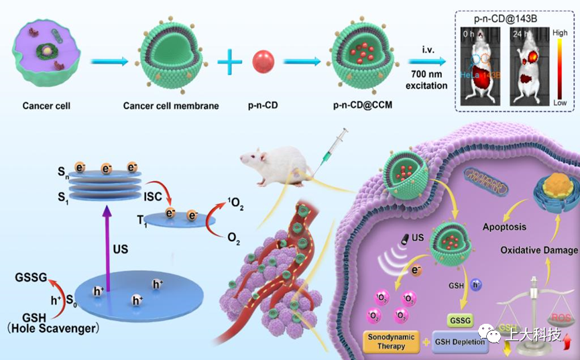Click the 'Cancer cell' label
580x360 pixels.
pyautogui.click(x=46, y=106)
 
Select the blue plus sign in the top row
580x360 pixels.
pyautogui.click(x=229, y=62)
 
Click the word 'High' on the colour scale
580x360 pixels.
pyautogui.click(x=561, y=32)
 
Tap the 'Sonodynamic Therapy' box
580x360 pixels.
pyautogui.click(x=391, y=341)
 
